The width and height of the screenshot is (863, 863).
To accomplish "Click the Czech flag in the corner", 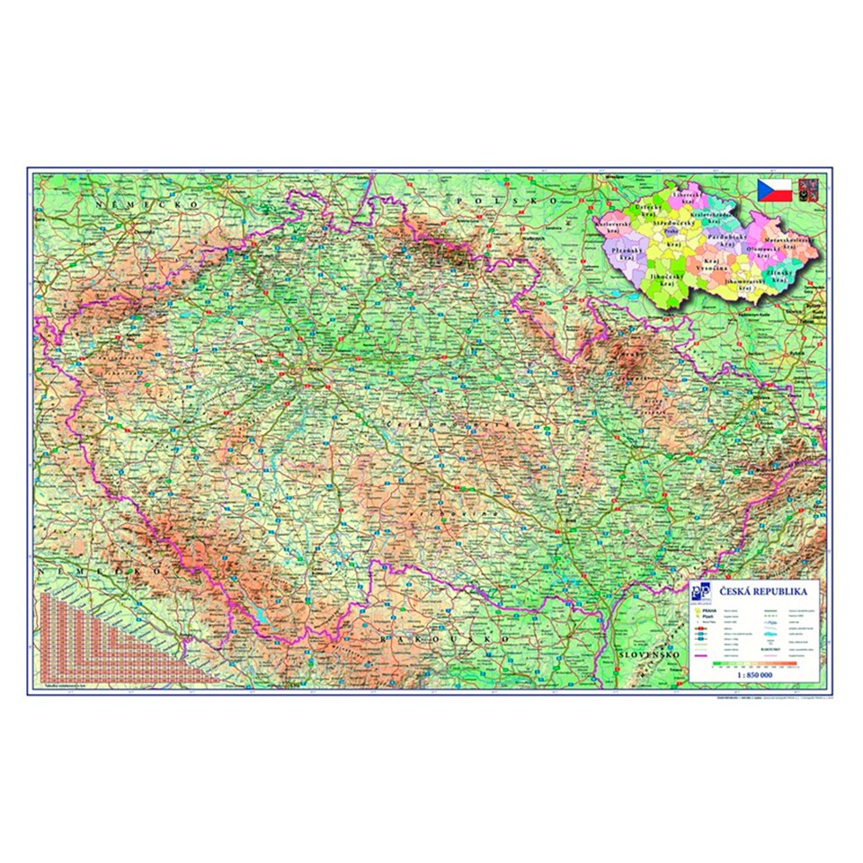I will tap(774, 190).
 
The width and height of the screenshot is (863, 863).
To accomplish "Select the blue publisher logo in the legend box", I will tap(704, 594).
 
